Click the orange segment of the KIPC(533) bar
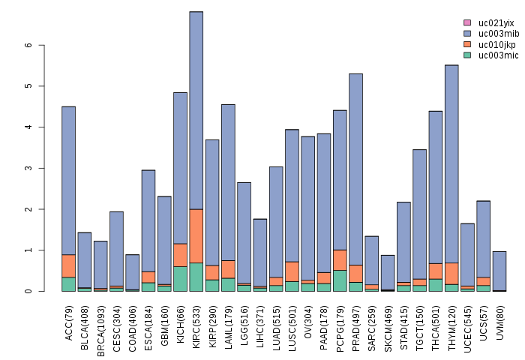(196, 235)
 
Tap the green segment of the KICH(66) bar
(180, 278)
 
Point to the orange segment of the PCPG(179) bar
(340, 259)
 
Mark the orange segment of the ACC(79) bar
(68, 265)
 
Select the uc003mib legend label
(499, 34)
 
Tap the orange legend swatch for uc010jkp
(467, 44)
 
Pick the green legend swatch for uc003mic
(467, 55)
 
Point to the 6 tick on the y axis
(30, 45)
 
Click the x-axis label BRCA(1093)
(100, 322)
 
